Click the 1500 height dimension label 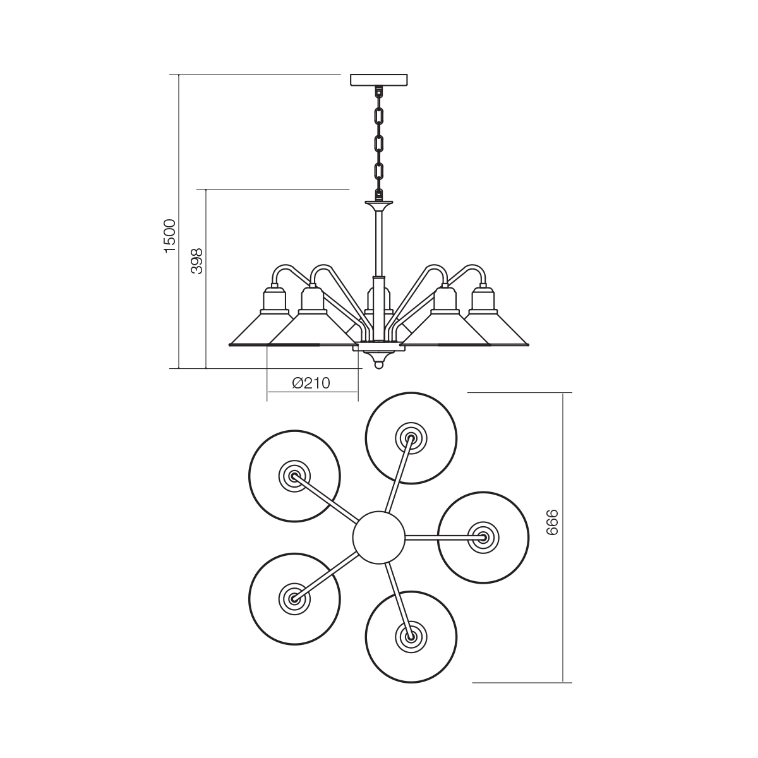click(x=170, y=236)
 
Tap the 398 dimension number click(x=196, y=261)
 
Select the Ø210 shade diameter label click(x=311, y=382)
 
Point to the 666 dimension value click(x=552, y=522)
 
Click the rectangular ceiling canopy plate click(x=379, y=80)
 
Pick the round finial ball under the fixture click(x=379, y=366)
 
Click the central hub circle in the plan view click(x=379, y=538)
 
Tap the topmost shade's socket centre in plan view click(x=411, y=438)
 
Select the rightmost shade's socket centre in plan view click(x=483, y=538)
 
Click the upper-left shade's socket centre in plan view click(x=294, y=476)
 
